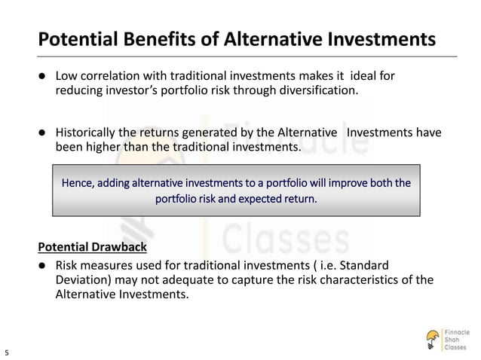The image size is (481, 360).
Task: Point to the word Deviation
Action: point(82,280)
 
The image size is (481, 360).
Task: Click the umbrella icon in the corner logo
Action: point(433,338)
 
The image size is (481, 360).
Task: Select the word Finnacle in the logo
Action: point(457,331)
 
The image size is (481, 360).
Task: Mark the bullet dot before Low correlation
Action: point(44,77)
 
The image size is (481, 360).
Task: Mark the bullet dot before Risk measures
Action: point(44,267)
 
